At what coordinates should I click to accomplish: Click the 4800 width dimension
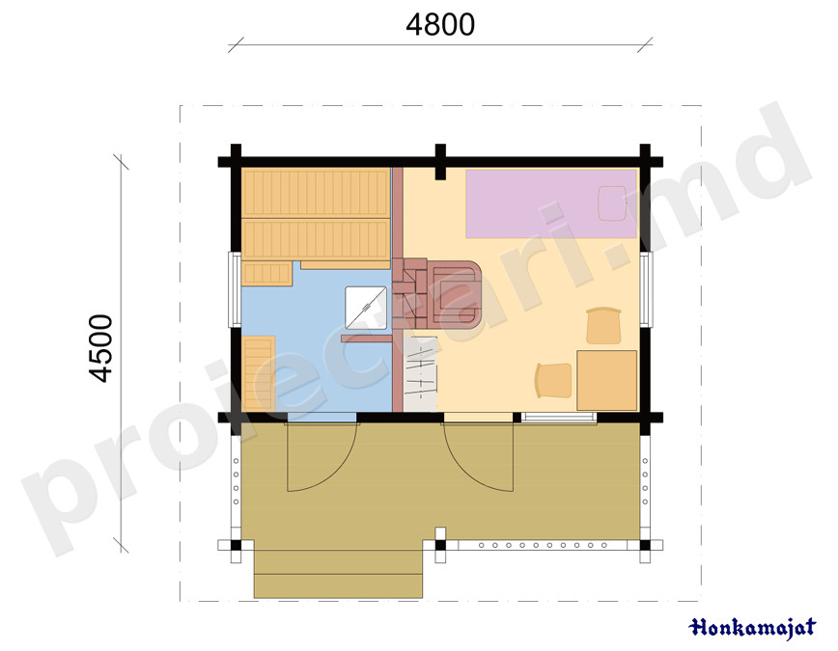pyautogui.click(x=440, y=25)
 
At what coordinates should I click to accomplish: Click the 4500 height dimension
pyautogui.click(x=101, y=348)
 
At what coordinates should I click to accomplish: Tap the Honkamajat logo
pyautogui.click(x=752, y=628)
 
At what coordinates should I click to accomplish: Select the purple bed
pyautogui.click(x=551, y=203)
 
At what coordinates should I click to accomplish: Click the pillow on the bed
pyautogui.click(x=612, y=203)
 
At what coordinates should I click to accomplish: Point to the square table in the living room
pyautogui.click(x=606, y=380)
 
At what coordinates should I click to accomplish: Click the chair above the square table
pyautogui.click(x=604, y=325)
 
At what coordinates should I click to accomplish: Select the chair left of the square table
pyautogui.click(x=553, y=380)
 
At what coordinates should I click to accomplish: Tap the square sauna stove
pyautogui.click(x=366, y=308)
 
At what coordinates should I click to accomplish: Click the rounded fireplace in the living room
pyautogui.click(x=455, y=294)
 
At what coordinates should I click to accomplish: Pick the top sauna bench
pyautogui.click(x=316, y=192)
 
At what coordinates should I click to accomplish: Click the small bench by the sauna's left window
pyautogui.click(x=266, y=274)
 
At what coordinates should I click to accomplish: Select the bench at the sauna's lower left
pyautogui.click(x=259, y=373)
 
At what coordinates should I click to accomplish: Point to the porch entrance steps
pyautogui.click(x=338, y=569)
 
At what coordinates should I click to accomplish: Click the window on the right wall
pyautogui.click(x=646, y=289)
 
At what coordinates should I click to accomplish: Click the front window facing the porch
pyautogui.click(x=558, y=418)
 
